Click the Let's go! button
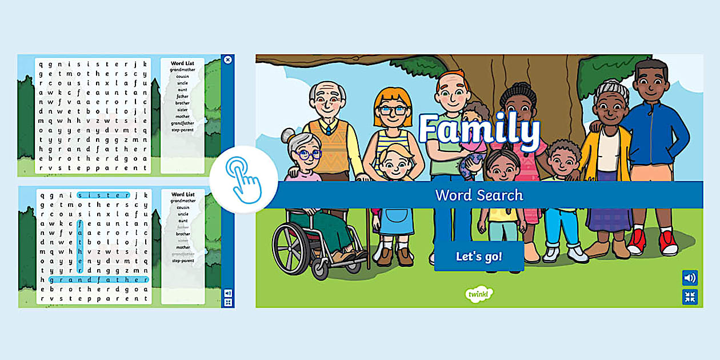(479, 257)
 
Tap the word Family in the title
(479, 130)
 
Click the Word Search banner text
(479, 195)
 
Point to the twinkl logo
(479, 294)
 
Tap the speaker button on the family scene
(690, 278)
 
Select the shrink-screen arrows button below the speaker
(690, 297)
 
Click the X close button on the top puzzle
(227, 59)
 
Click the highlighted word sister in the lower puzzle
(103, 195)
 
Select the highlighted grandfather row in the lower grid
(98, 280)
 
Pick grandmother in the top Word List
(182, 70)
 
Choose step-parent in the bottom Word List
(183, 261)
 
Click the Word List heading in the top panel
(182, 63)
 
